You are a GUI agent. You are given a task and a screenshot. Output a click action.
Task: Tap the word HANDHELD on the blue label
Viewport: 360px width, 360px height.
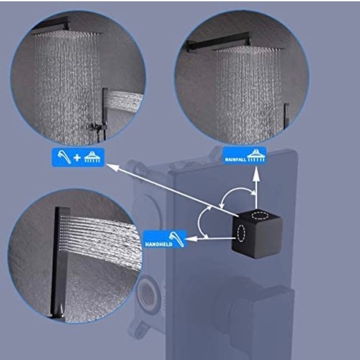pos(158,244)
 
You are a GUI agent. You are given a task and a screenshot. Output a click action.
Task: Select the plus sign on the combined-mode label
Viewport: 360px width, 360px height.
pos(77,158)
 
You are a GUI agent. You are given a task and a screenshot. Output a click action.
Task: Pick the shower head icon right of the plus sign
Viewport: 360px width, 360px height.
pos(92,158)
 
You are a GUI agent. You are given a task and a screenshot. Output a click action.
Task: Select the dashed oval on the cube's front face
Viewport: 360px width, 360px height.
pos(240,235)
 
